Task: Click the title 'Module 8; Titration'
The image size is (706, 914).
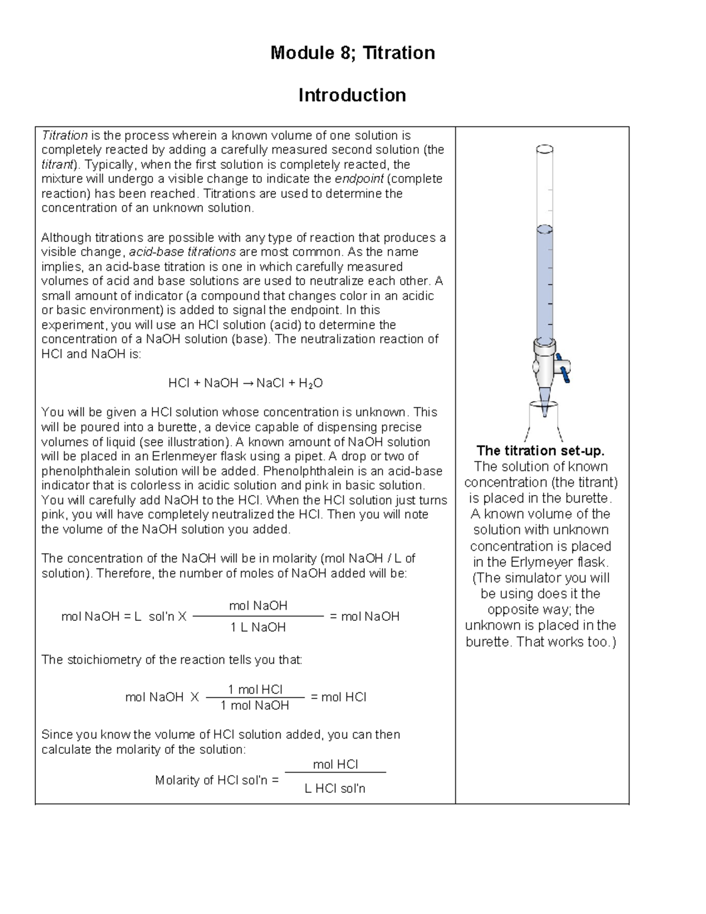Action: [x=352, y=53]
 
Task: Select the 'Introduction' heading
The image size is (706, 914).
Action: [x=352, y=95]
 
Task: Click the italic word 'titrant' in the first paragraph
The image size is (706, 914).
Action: [x=56, y=165]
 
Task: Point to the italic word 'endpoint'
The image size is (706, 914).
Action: [x=359, y=179]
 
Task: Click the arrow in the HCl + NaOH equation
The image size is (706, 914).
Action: [x=247, y=384]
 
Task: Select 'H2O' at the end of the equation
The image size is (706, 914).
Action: [x=311, y=384]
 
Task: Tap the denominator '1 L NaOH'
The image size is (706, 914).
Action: [x=258, y=627]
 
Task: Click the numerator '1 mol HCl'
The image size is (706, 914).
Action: [x=255, y=689]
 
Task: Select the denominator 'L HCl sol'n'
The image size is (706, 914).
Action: [x=335, y=789]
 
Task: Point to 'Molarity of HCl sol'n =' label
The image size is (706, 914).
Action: [x=217, y=780]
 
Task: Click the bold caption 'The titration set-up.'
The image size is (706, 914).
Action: [x=540, y=451]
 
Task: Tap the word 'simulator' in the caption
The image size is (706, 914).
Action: [x=539, y=578]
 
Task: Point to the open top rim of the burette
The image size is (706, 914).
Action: [x=545, y=149]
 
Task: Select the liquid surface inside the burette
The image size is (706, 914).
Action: [x=545, y=228]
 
